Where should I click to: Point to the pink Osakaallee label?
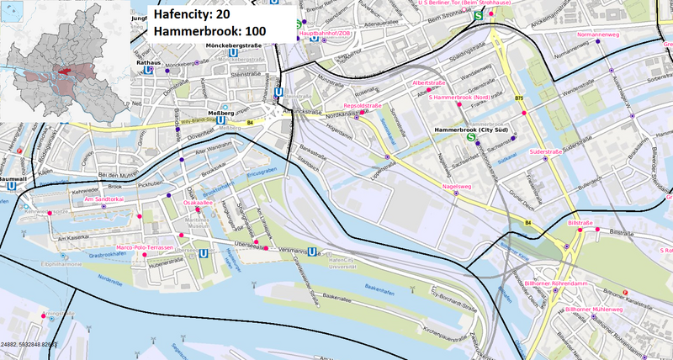coord(198,203)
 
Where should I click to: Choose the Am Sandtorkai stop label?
coord(99,199)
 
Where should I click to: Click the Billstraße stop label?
coord(581,224)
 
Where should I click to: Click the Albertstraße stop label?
coord(429,83)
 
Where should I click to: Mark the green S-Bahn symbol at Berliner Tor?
coord(479,15)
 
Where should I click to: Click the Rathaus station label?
coord(147,61)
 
